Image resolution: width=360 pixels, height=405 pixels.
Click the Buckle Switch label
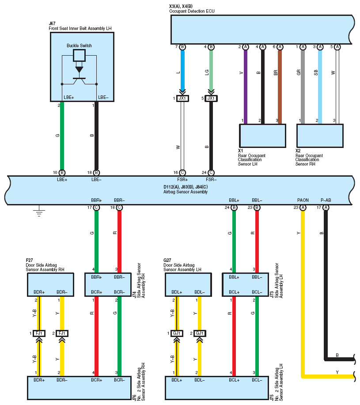point(79,46)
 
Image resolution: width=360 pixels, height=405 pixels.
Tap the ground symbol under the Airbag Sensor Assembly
point(39,211)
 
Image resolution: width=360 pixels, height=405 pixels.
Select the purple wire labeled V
point(246,87)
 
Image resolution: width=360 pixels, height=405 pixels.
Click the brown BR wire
point(280,87)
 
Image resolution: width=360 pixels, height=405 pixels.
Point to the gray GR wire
point(303,87)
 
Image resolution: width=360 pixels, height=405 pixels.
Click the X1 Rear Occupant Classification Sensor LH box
point(263,136)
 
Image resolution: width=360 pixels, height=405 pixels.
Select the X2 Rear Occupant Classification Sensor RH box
point(320,136)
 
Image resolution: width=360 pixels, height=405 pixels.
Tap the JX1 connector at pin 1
point(182,98)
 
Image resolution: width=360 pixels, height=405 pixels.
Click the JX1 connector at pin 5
point(211,98)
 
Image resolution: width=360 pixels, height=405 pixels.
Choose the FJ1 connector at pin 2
point(62,333)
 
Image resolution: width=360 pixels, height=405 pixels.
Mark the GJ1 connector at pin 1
point(177,333)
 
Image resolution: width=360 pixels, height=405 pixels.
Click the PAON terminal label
point(303,200)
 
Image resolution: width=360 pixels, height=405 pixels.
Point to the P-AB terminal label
point(326,200)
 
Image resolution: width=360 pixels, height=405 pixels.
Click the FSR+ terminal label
point(182,180)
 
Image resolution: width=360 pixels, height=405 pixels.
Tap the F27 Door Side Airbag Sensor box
point(51,284)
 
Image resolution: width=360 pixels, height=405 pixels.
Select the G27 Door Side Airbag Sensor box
point(188,284)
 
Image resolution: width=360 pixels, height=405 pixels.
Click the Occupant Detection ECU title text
point(192,11)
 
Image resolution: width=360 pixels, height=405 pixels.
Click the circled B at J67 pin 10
point(62,173)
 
